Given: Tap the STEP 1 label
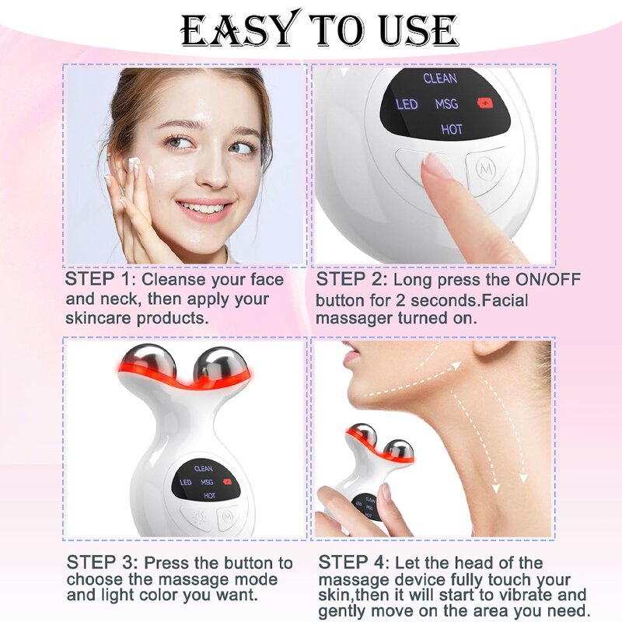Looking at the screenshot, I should tap(98, 280).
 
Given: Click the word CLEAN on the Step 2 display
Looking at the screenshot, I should tap(440, 79).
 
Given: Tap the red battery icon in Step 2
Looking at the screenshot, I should tap(487, 103).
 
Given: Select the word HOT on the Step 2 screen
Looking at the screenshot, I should tap(452, 129).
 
